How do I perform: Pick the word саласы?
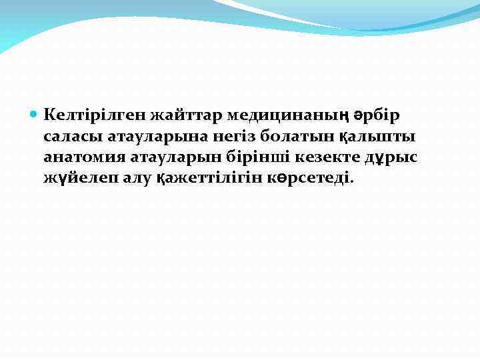[x=73, y=137]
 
